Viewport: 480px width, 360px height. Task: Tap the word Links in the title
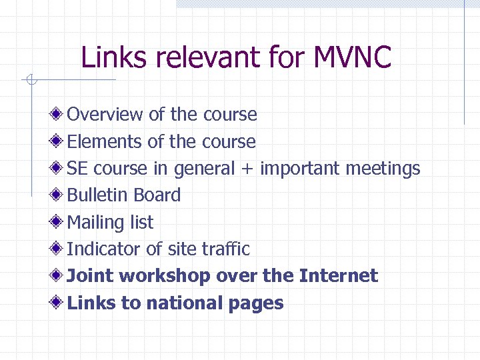coord(115,57)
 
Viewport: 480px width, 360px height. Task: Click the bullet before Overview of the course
coord(59,114)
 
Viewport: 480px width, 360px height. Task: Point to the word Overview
coord(105,114)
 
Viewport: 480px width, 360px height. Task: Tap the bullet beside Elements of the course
coord(59,141)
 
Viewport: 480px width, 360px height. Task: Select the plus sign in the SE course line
coord(247,169)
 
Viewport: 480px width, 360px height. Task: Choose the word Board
coord(157,195)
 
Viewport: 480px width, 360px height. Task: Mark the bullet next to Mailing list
coord(59,222)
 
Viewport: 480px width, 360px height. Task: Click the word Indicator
coord(104,249)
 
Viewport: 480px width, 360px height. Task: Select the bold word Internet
coord(338,276)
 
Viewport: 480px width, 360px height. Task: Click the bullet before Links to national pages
coord(59,303)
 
